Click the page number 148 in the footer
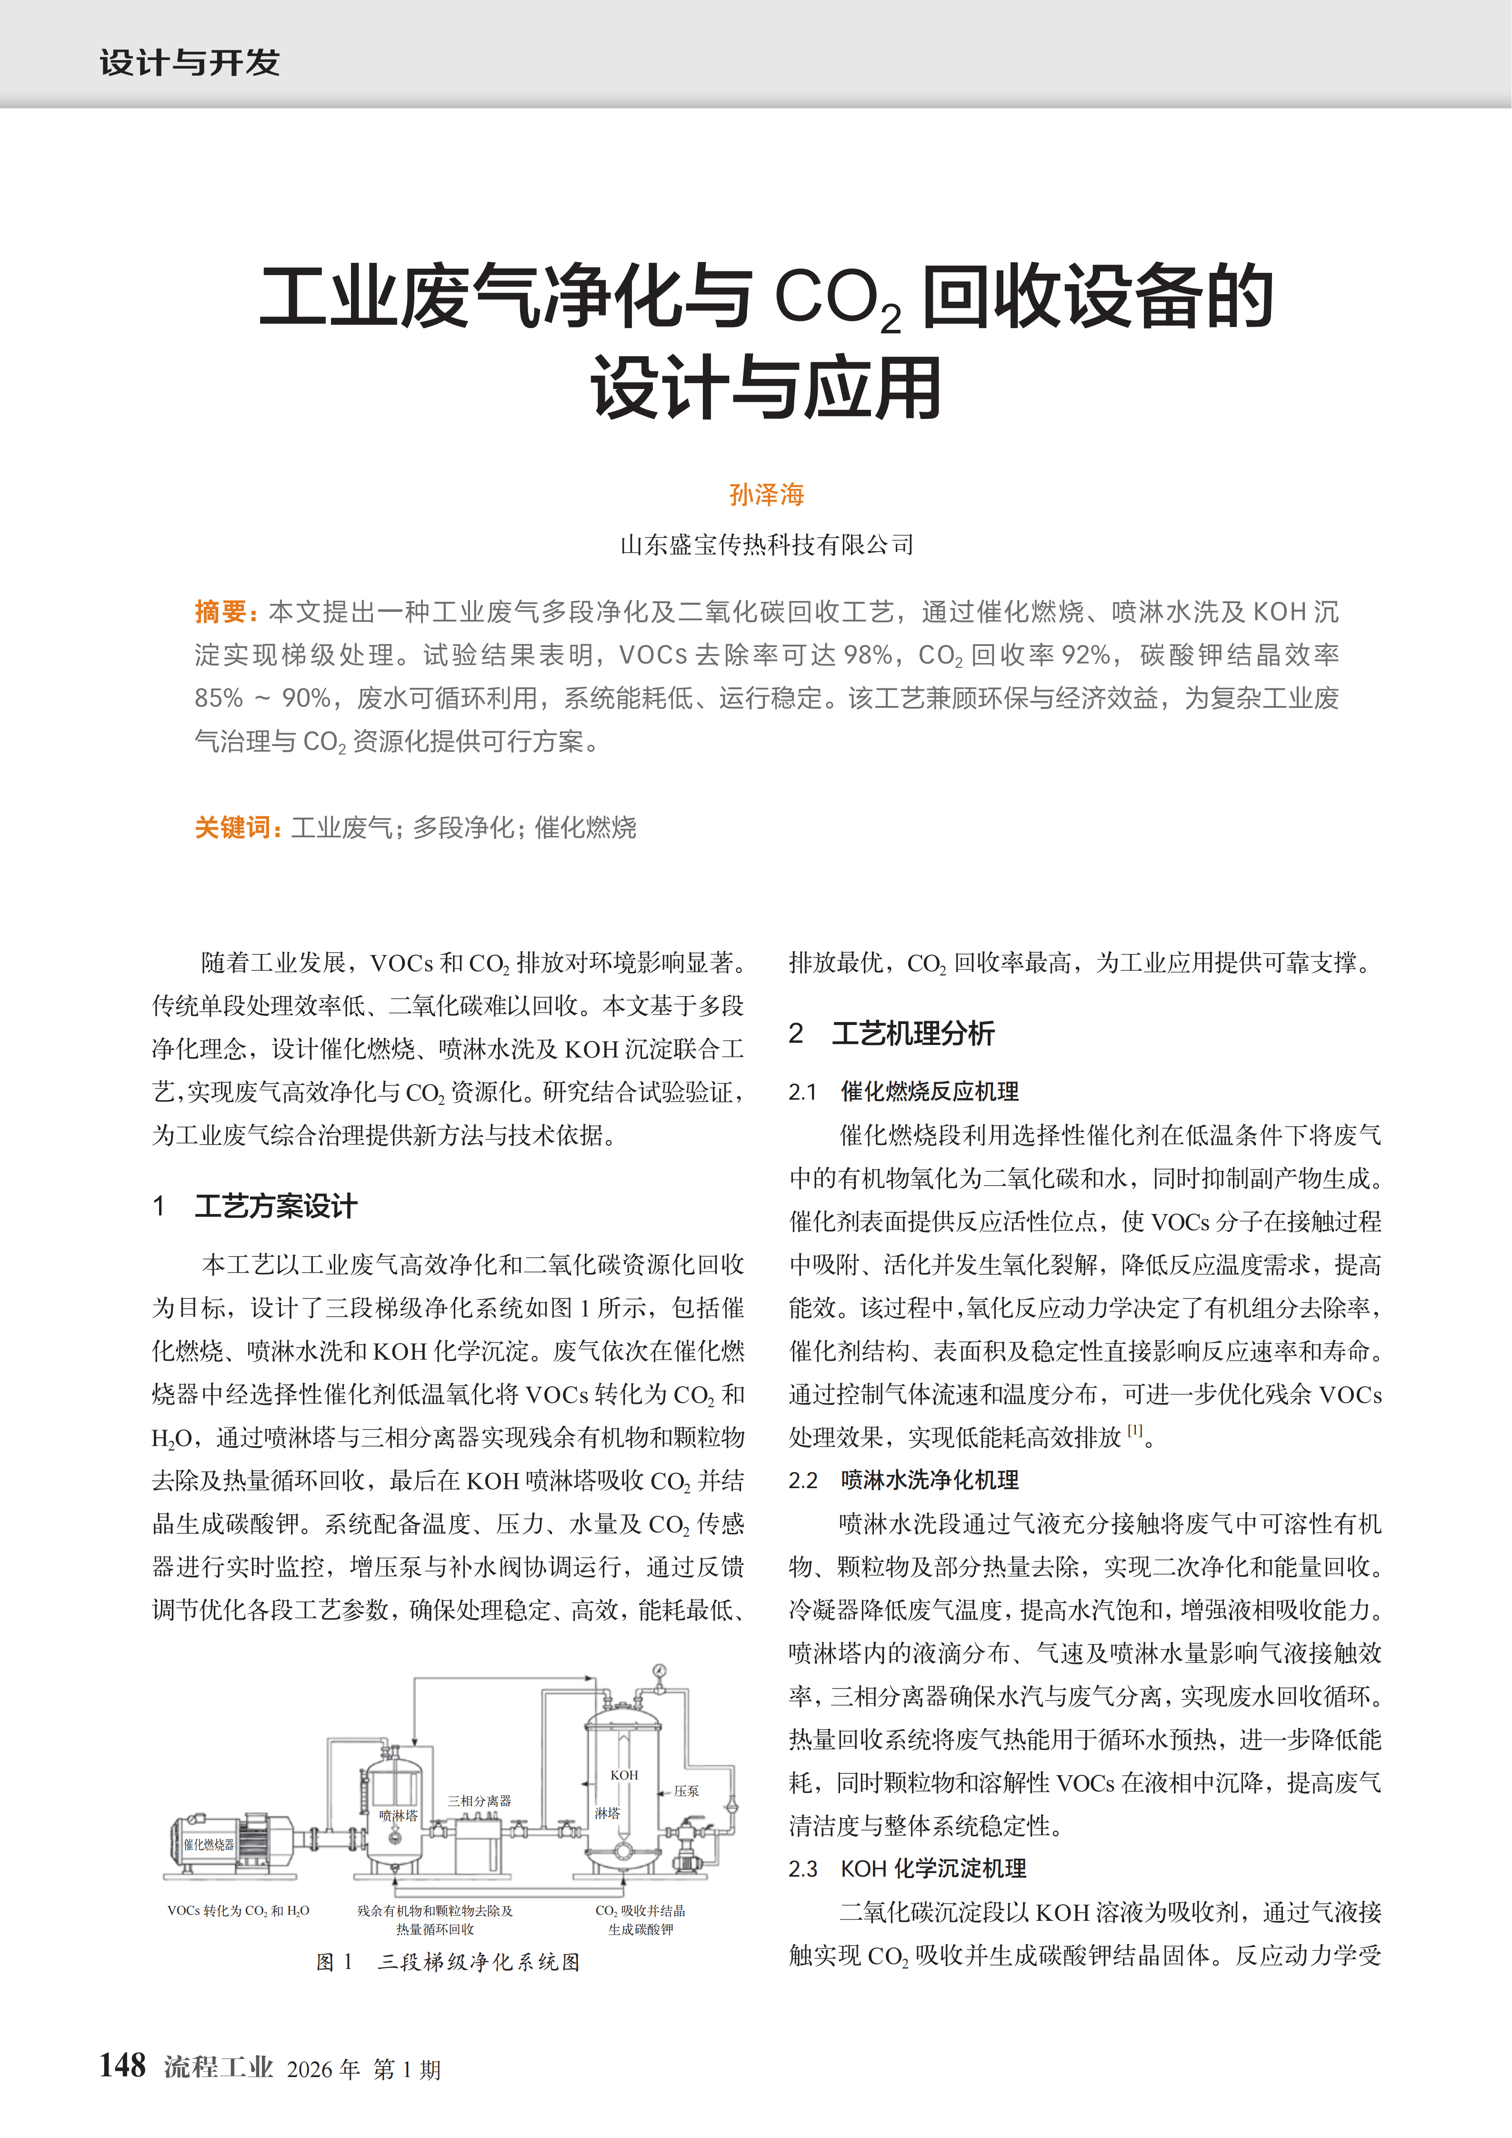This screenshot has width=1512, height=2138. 123,2065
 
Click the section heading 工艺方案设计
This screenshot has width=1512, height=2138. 276,1206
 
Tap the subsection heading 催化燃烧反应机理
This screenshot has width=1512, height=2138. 929,1091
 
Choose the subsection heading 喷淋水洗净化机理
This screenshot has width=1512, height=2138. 929,1480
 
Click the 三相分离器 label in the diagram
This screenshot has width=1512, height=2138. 479,1801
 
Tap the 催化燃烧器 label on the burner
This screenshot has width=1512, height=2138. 209,1845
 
